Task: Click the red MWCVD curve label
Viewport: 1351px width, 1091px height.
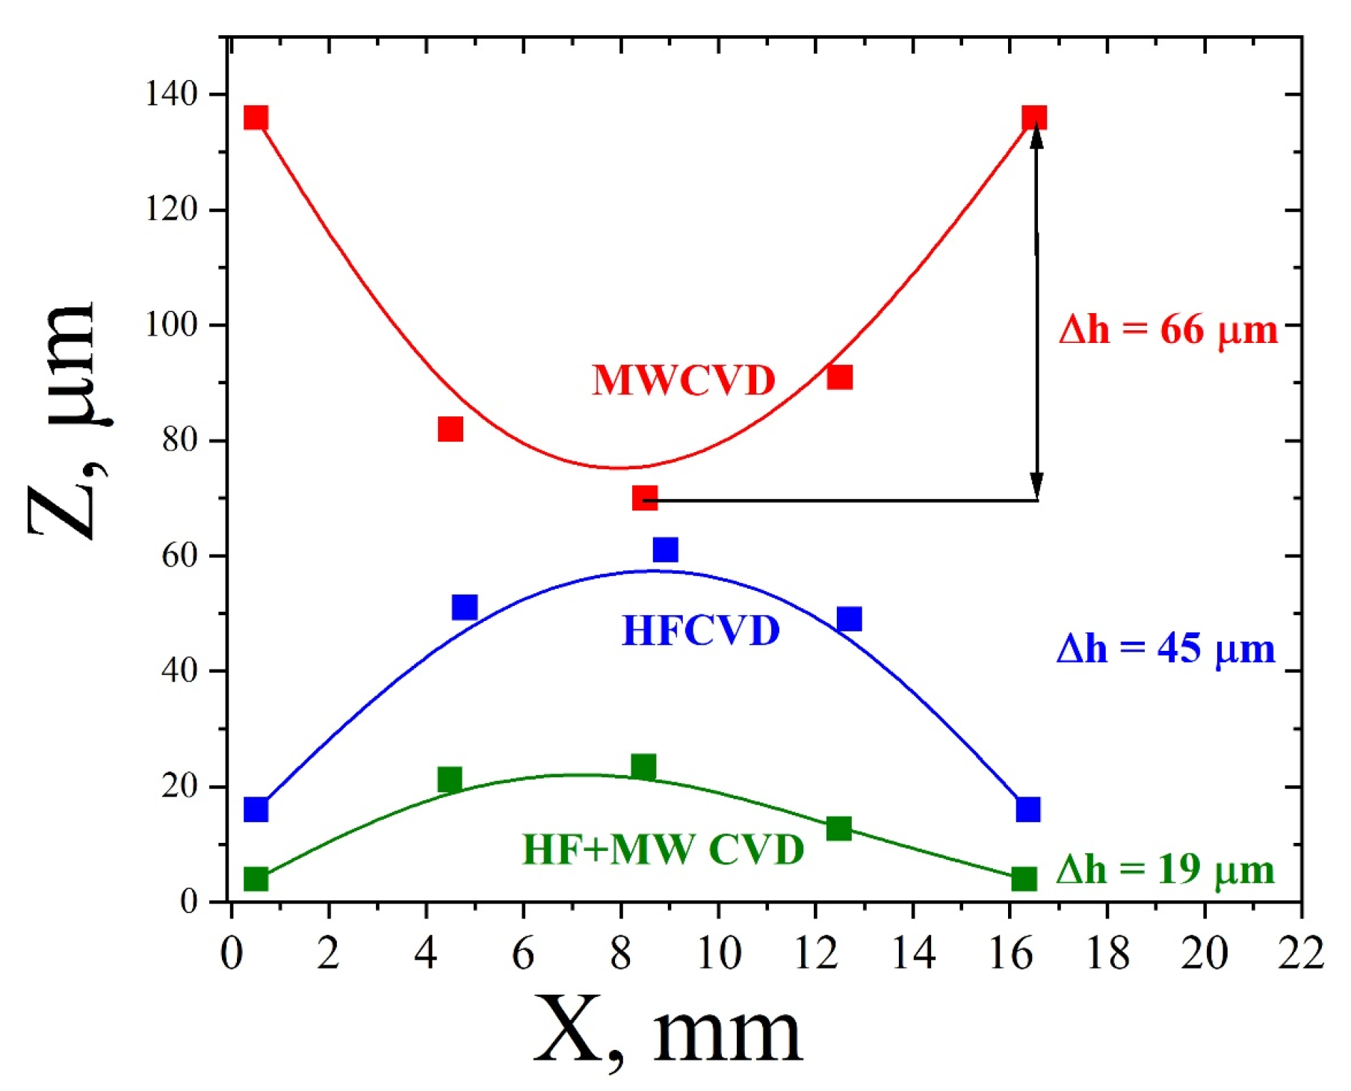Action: pos(683,380)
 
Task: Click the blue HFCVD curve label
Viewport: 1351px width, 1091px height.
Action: pos(700,631)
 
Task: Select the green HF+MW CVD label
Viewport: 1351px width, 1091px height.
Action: pos(662,850)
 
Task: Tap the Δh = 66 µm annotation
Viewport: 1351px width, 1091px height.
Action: pos(1167,330)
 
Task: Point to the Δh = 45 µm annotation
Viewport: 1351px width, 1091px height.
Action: pos(1165,649)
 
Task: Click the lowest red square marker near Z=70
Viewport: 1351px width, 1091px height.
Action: pos(644,498)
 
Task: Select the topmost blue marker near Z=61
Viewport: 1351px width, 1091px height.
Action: pos(665,550)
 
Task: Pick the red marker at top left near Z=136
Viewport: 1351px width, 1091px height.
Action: pos(256,117)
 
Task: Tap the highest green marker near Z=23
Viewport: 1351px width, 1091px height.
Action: pos(643,767)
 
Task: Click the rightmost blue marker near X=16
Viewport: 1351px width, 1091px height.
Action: pos(1028,809)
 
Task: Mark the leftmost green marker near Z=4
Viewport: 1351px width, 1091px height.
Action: pos(256,879)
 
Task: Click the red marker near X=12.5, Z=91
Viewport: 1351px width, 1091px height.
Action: pos(840,377)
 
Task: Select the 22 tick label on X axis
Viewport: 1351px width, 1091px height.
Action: pos(1300,954)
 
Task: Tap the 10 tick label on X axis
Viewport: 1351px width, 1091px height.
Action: pos(718,954)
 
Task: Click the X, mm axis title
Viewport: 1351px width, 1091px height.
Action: pos(667,1031)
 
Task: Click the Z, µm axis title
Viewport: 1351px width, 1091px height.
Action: pos(66,420)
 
